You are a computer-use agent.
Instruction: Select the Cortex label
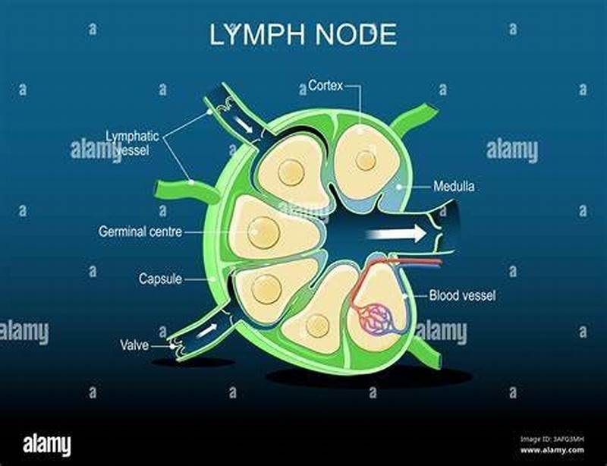tap(324, 86)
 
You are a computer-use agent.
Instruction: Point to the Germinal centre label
tap(140, 231)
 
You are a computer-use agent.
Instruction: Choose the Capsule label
tap(160, 279)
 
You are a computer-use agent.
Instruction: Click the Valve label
tap(134, 345)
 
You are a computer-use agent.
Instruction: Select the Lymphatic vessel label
tap(132, 143)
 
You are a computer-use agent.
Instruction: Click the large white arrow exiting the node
tap(395, 234)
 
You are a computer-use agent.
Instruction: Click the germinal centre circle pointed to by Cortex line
tap(366, 160)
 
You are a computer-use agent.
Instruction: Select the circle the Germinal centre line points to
tap(263, 228)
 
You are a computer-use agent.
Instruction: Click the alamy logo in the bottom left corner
tap(47, 445)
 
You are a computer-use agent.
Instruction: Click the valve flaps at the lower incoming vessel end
tap(181, 348)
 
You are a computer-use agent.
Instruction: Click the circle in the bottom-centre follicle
tap(317, 326)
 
